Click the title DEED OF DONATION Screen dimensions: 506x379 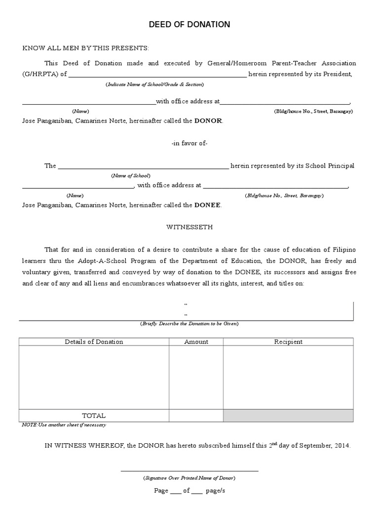click(189, 25)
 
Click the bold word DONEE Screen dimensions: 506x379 click(208, 205)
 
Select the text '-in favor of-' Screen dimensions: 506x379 click(189, 143)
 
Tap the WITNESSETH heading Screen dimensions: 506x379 click(189, 227)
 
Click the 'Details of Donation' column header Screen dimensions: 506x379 click(94, 342)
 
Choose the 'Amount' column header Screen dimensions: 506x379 click(196, 342)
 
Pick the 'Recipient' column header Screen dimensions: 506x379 click(288, 342)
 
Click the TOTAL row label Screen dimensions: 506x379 click(94, 416)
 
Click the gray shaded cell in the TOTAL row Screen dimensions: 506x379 click(288, 416)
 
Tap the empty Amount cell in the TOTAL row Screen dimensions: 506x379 click(196, 416)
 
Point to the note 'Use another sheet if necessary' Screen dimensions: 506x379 click(67, 425)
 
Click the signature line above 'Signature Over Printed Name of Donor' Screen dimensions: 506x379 click(189, 470)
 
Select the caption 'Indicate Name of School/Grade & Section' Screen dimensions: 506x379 click(154, 85)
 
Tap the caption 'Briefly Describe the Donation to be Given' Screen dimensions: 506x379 click(189, 324)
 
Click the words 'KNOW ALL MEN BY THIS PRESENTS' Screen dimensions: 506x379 click(85, 48)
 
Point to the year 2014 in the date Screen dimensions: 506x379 click(342, 446)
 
